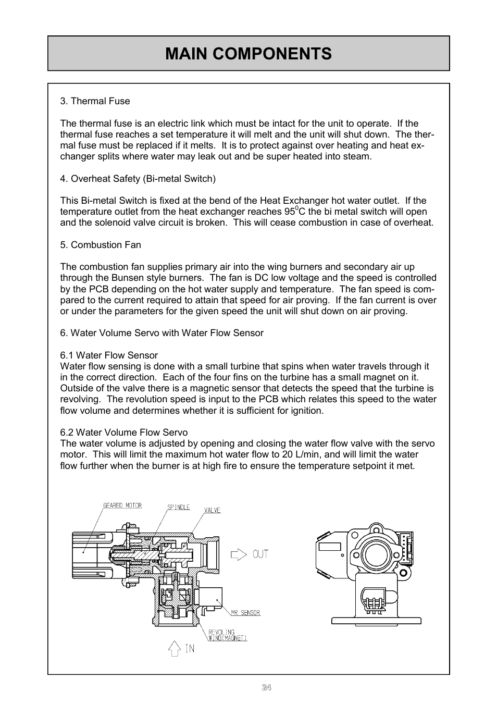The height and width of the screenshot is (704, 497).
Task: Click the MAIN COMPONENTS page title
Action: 249,54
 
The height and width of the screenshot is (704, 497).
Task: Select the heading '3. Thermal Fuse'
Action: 95,101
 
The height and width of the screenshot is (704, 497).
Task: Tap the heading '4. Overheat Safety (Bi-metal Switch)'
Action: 138,179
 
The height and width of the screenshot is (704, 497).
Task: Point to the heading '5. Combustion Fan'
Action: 101,245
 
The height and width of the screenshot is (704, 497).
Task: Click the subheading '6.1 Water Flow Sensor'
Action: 109,355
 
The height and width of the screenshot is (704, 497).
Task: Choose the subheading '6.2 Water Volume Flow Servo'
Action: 124,433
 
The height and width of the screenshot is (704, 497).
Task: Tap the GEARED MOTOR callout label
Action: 122,505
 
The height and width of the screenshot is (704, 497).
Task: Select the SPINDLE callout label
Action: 179,507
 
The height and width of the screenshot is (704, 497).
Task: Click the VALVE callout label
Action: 212,510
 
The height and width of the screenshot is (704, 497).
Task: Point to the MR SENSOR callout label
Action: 244,613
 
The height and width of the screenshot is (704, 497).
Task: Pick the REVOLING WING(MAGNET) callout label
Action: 227,635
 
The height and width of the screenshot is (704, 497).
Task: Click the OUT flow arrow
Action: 239,554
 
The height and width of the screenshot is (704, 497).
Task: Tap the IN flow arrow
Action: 175,648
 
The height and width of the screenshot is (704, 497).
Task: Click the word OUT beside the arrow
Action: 260,554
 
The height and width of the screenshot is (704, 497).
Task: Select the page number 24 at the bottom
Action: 266,687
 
